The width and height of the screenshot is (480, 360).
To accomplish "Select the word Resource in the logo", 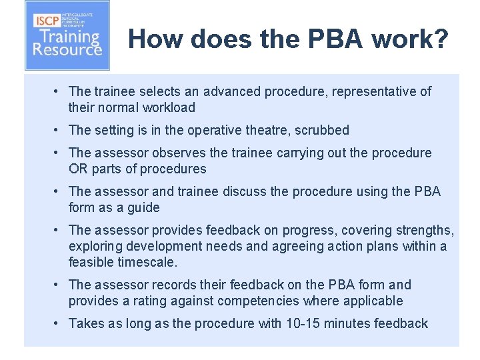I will (x=67, y=49).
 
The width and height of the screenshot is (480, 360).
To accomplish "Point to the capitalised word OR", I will (x=78, y=169).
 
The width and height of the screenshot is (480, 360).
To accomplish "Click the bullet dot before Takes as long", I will (x=59, y=323).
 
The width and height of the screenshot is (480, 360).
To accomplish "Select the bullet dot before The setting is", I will (x=59, y=130).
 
